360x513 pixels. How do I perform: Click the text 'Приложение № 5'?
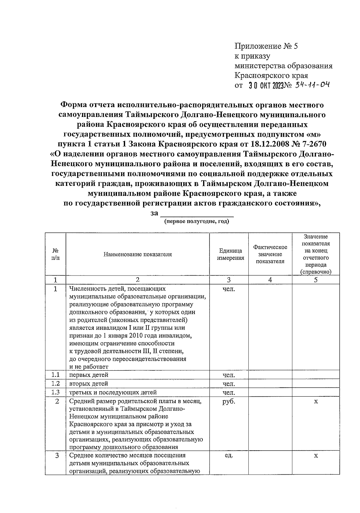pos(266,46)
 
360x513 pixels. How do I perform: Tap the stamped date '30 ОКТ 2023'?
pos(266,86)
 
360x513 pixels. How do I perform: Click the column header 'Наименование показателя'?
pos(138,255)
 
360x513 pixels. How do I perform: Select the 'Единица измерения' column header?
pos(230,255)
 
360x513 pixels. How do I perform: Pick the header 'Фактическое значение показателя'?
pos(270,255)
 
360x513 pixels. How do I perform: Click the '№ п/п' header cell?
pos(55,255)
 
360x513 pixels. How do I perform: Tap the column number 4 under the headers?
pos(270,280)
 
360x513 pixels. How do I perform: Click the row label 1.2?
pos(55,383)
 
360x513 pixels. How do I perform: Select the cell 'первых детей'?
pos(89,375)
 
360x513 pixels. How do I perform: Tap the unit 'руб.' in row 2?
pos(229,401)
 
